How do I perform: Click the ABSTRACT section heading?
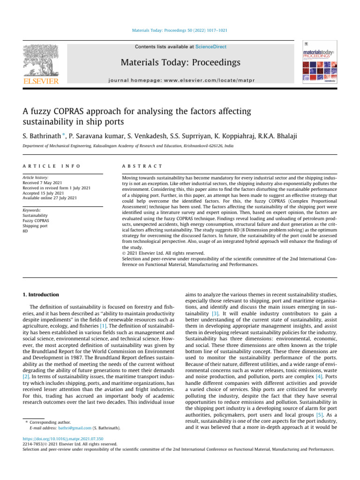point(142,166)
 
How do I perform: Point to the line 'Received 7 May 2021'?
point(43,183)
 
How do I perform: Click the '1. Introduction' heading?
point(42,294)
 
